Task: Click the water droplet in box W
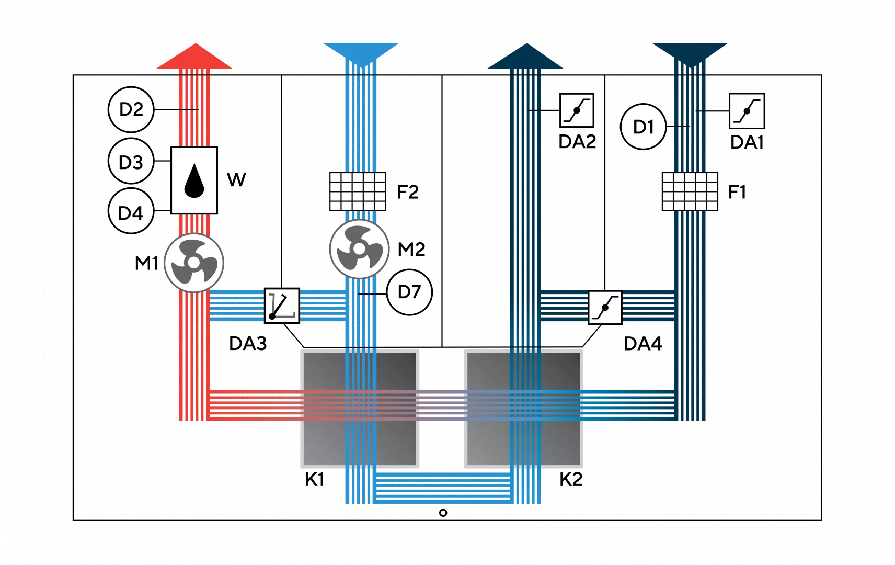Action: point(194,180)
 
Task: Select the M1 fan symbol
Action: point(194,263)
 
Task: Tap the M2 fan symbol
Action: point(359,248)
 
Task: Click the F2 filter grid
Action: point(358,191)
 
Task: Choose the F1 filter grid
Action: point(690,191)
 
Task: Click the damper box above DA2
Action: point(577,110)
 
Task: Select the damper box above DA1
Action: point(747,111)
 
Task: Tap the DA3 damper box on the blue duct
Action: point(282,306)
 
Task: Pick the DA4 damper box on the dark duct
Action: point(605,308)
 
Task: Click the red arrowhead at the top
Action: point(194,56)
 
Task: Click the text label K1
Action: point(315,479)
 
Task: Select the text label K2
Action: point(571,479)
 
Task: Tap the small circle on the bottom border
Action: point(443,513)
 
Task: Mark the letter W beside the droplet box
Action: point(236,179)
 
